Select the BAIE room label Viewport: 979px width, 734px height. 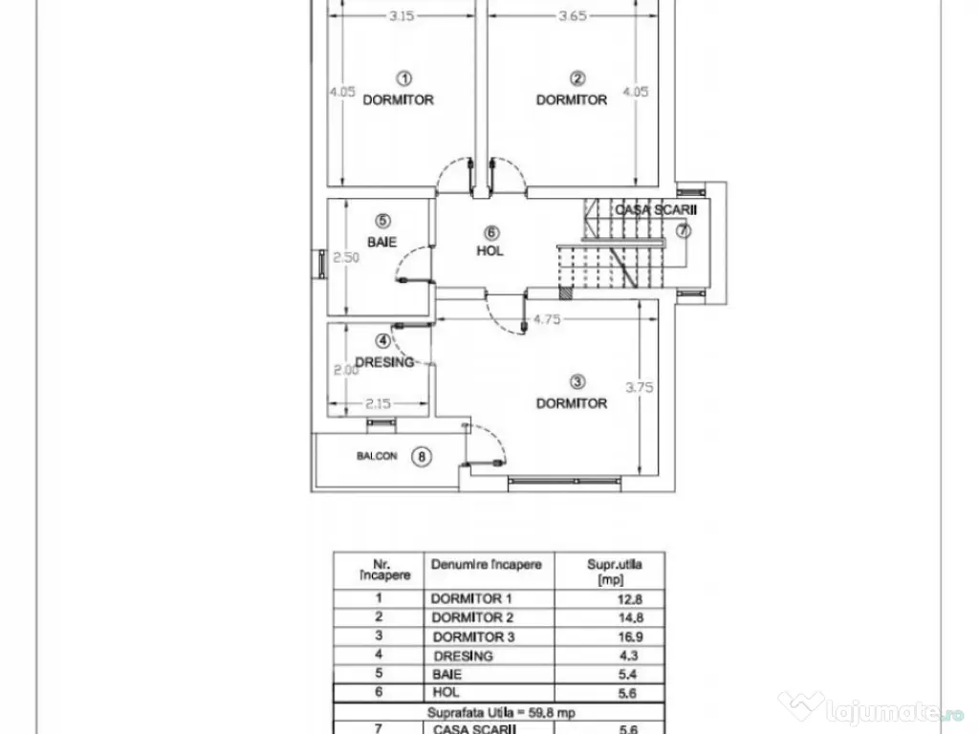381,243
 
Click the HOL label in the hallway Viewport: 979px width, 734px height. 490,251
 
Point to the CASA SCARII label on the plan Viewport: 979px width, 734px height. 657,209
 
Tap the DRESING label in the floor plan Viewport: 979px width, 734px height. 384,362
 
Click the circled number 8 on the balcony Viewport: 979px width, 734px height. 422,457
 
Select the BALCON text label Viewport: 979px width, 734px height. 377,457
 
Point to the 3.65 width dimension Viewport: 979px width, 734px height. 571,16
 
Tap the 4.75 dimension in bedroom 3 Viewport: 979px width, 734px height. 546,320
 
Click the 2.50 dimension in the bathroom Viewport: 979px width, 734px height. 343,257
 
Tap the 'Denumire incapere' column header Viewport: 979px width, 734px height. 487,565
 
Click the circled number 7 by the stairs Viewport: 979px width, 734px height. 683,231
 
